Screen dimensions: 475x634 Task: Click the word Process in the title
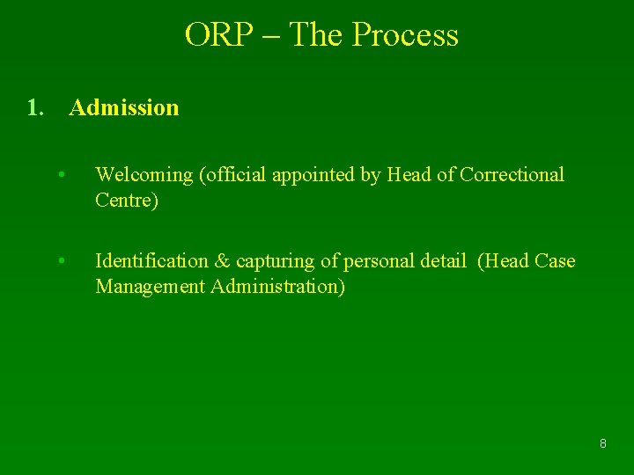click(x=405, y=35)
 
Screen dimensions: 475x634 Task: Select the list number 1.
click(x=34, y=108)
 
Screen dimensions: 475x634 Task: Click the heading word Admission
click(x=123, y=108)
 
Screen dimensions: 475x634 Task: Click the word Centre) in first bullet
click(x=127, y=201)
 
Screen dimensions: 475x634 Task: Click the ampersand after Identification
click(x=222, y=261)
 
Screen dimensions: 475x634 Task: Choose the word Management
click(x=150, y=287)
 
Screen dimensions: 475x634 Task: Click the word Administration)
click(x=277, y=287)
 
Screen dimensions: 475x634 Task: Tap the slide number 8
click(x=602, y=444)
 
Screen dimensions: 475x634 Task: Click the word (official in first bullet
click(x=233, y=175)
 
